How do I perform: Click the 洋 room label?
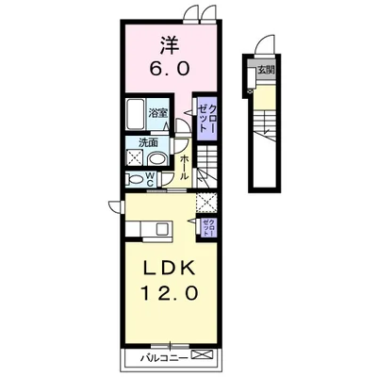coord(171,46)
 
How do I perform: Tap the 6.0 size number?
coord(170,68)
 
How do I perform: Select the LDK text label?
coord(169,269)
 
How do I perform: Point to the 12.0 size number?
coord(170,294)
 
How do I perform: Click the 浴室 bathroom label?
coord(158,113)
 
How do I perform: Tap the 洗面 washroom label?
coord(148,143)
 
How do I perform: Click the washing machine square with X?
coord(135,157)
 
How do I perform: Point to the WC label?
coord(151,179)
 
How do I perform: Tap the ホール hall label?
coord(185,167)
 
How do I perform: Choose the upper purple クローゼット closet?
coord(206,119)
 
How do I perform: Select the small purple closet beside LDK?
coord(208,228)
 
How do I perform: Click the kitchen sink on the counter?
coord(163,229)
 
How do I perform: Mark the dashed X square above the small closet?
coord(206,202)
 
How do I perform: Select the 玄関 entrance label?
coord(266,70)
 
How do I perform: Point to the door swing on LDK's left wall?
coord(115,206)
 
